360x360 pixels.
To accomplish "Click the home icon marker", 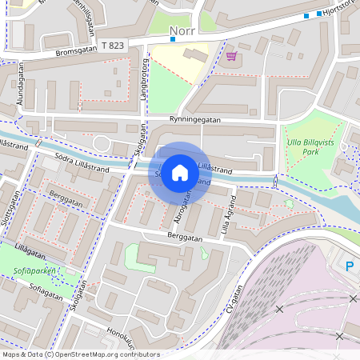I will coord(180,173).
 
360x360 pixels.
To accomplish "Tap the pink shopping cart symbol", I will coord(232,55).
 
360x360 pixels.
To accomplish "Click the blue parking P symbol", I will coord(350,266).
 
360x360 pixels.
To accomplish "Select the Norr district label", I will coord(183,32).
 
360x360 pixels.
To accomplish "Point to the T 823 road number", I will coord(112,46).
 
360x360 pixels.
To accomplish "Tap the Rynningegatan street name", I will coord(195,120).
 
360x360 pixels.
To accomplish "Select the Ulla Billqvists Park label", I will coord(314,144).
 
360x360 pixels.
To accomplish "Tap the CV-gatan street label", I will coord(233,307).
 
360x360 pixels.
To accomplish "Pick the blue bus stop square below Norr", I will coord(172,38).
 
